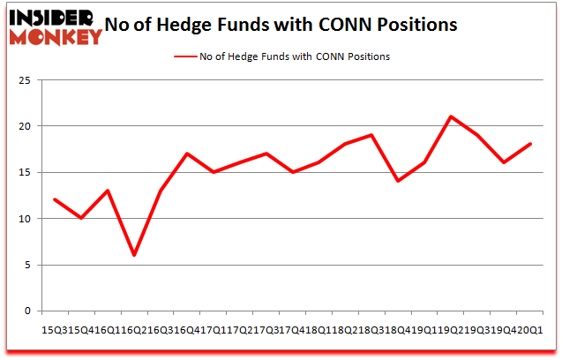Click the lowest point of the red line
click(x=134, y=255)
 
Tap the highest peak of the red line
click(x=451, y=116)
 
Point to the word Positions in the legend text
click(x=366, y=56)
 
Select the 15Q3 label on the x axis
click(x=52, y=328)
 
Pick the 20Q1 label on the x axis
click(x=531, y=328)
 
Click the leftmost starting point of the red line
click(x=55, y=199)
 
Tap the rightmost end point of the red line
click(x=529, y=144)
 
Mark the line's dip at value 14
click(x=398, y=181)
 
